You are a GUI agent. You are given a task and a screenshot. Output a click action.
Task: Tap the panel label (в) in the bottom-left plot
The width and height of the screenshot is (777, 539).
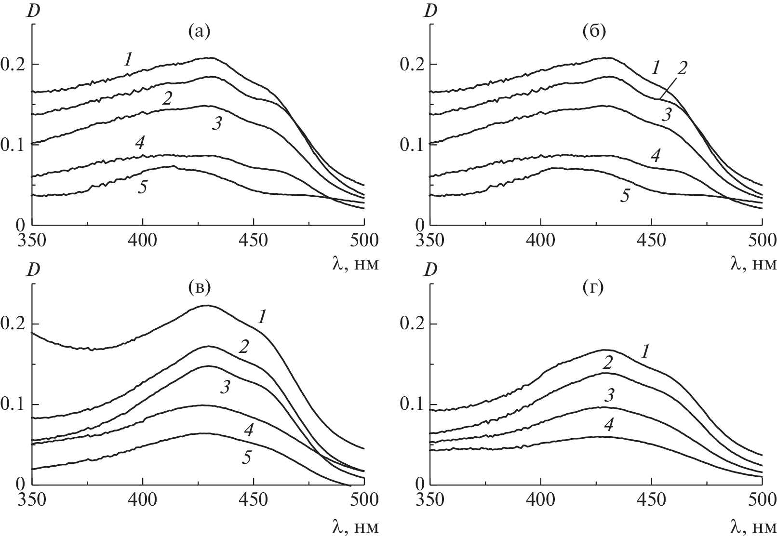pyautogui.click(x=199, y=288)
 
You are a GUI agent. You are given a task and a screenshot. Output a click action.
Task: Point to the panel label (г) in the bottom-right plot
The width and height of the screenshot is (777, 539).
pyautogui.click(x=594, y=288)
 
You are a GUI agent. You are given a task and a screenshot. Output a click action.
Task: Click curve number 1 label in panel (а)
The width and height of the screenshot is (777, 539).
pyautogui.click(x=128, y=59)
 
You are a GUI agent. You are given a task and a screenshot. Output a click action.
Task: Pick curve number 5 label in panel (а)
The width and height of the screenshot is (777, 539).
pyautogui.click(x=143, y=187)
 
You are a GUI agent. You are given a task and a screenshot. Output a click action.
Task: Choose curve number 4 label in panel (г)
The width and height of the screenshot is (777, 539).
pyautogui.click(x=609, y=425)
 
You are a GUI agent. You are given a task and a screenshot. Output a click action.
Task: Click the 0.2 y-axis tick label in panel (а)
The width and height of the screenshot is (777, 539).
pyautogui.click(x=13, y=64)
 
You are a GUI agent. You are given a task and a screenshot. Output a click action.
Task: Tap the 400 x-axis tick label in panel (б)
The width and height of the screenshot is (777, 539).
pyautogui.click(x=540, y=240)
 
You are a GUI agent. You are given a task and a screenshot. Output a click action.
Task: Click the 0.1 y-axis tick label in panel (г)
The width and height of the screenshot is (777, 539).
pyautogui.click(x=410, y=404)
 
